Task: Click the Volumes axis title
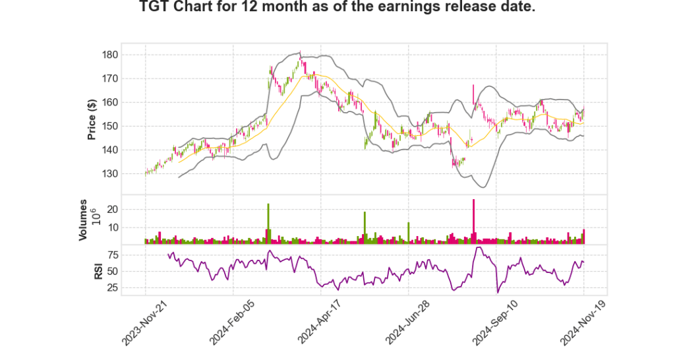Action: pyautogui.click(x=84, y=220)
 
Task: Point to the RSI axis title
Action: pyautogui.click(x=98, y=271)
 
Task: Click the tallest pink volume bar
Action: pyautogui.click(x=473, y=222)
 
